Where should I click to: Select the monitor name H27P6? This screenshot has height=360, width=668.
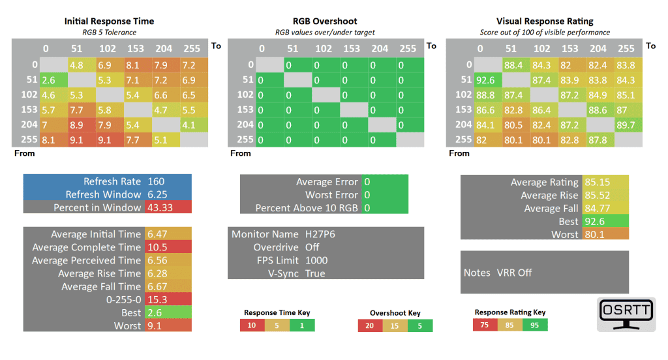pos(320,234)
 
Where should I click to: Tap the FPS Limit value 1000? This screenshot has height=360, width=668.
pos(316,260)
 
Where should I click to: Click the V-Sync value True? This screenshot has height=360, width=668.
pos(315,273)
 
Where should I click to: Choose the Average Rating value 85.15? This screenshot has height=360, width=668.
pos(596,182)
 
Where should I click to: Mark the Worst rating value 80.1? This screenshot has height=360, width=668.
pos(594,234)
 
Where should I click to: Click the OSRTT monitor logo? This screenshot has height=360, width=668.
pos(626,314)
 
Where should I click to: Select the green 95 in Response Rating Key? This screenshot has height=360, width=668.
pos(535,325)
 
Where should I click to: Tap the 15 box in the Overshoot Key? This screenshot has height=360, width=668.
pos(395,325)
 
